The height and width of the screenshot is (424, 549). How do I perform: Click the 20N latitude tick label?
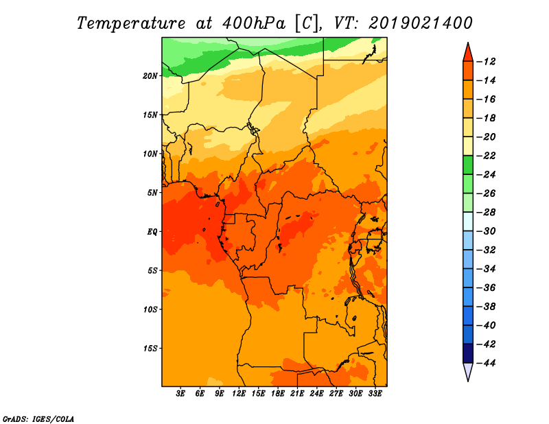click(x=150, y=75)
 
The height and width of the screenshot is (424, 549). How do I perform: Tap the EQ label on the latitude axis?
click(x=152, y=232)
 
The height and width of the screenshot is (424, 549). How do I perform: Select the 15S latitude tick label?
click(x=150, y=349)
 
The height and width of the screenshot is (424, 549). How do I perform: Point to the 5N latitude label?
click(x=152, y=193)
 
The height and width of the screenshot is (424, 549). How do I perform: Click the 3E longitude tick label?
click(x=180, y=393)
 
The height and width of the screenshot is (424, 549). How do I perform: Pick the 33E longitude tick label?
click(x=375, y=393)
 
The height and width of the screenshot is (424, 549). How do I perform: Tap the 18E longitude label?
click(x=278, y=393)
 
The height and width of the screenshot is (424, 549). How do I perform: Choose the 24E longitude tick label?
click(x=316, y=393)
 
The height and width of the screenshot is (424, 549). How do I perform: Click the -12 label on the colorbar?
click(x=486, y=62)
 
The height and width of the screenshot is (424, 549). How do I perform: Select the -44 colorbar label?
click(x=486, y=363)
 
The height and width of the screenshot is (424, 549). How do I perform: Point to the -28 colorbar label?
click(x=486, y=213)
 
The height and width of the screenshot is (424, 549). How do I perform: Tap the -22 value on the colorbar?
click(x=486, y=156)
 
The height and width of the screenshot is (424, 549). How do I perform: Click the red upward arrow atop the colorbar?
click(x=468, y=54)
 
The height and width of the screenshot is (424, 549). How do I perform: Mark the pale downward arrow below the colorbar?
click(x=468, y=370)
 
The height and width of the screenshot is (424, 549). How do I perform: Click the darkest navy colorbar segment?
click(x=468, y=353)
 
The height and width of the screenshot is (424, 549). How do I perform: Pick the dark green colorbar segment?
click(x=468, y=165)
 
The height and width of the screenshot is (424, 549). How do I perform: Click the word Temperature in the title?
click(x=131, y=23)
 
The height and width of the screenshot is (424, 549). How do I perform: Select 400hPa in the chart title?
click(x=254, y=23)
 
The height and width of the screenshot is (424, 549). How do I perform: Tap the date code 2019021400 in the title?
click(x=421, y=23)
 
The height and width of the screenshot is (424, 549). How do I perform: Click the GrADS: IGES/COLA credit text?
click(x=38, y=419)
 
